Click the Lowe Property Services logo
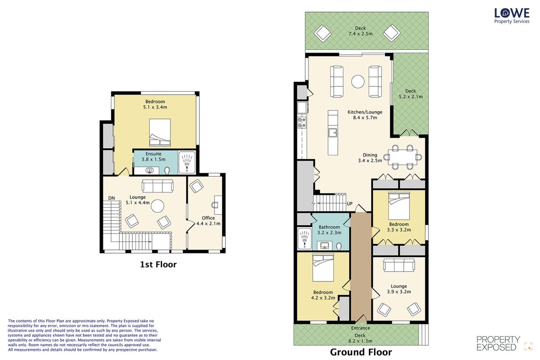512,16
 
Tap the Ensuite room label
153,154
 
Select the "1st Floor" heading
158,265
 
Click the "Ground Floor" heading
361,352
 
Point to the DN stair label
112,198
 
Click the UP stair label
350,203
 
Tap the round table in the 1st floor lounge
157,206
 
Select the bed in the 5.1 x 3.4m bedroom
160,132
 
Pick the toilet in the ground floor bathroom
339,246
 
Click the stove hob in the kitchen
302,122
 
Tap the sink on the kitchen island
333,133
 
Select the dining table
403,157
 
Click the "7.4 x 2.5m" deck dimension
360,34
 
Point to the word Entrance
360,328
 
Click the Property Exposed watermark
498,343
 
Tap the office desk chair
215,205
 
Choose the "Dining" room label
370,155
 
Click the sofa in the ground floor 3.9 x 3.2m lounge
399,265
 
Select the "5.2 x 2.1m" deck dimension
410,97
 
